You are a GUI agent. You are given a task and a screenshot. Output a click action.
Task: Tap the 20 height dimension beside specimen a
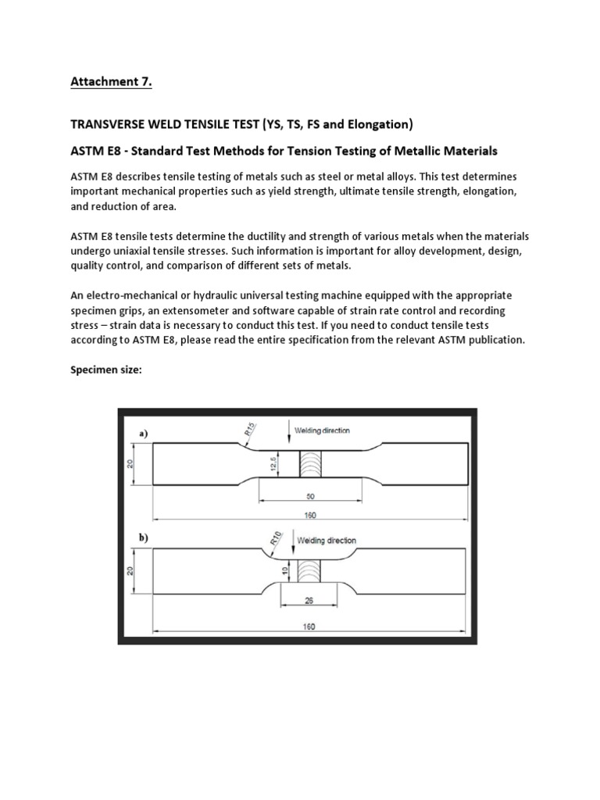click(x=131, y=463)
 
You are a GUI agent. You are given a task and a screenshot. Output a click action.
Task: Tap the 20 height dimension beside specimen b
click(x=131, y=570)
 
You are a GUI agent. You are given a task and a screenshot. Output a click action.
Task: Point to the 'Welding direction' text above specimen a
click(x=323, y=430)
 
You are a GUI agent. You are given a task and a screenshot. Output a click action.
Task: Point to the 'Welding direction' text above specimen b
click(x=327, y=540)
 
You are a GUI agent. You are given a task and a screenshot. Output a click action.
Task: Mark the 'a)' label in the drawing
click(x=145, y=431)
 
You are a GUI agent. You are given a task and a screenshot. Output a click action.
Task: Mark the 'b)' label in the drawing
click(x=145, y=538)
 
